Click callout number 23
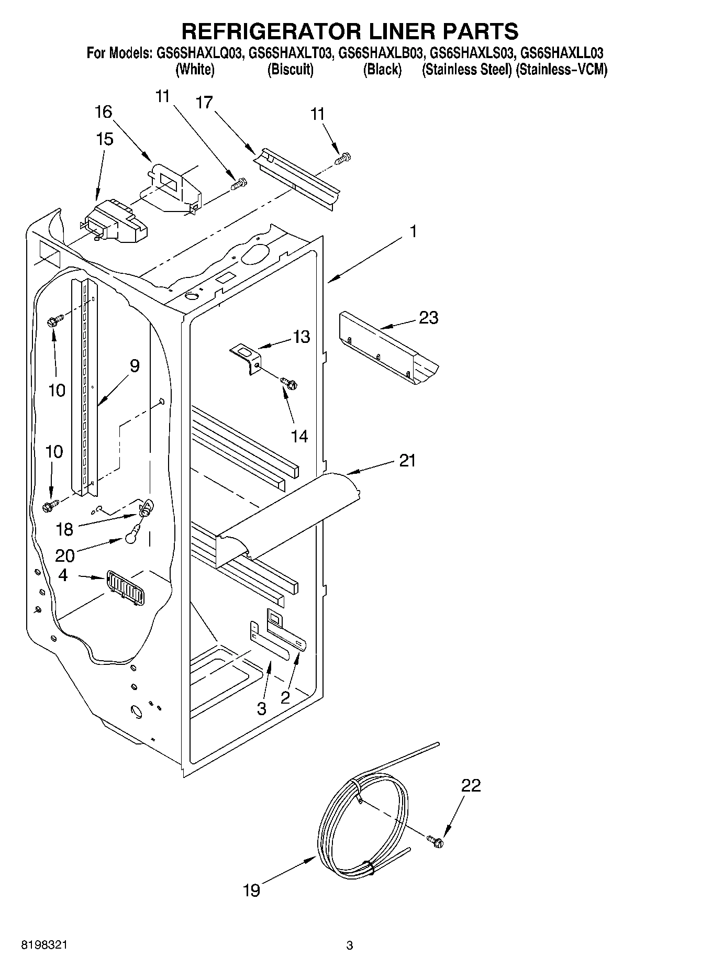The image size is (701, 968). (x=428, y=318)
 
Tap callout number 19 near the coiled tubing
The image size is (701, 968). (x=251, y=889)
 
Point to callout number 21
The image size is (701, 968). (x=407, y=461)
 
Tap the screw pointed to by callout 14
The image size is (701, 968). (x=288, y=384)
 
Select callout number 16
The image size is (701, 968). (x=103, y=112)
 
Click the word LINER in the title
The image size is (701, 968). (x=396, y=31)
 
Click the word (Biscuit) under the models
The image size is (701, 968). (x=290, y=70)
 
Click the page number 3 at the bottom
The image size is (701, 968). (x=350, y=945)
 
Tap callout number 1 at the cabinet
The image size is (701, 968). (x=413, y=231)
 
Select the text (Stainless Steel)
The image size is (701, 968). (x=466, y=70)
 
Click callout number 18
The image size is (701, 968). (x=64, y=529)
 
